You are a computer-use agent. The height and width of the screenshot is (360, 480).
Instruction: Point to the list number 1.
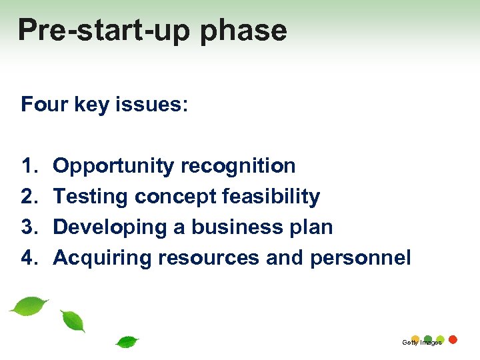click(30, 165)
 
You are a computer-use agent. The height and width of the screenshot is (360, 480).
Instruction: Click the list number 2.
click(30, 196)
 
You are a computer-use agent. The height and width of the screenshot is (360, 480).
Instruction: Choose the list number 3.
click(30, 227)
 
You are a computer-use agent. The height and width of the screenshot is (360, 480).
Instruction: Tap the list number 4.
click(30, 257)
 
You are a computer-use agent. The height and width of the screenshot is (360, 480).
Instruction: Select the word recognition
click(238, 165)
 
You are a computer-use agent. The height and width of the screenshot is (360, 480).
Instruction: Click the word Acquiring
click(103, 259)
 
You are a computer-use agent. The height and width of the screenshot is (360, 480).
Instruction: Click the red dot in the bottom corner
click(453, 339)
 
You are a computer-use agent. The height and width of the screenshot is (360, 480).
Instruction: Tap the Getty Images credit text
click(421, 343)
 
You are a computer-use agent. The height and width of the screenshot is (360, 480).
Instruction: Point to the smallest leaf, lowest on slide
click(127, 342)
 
